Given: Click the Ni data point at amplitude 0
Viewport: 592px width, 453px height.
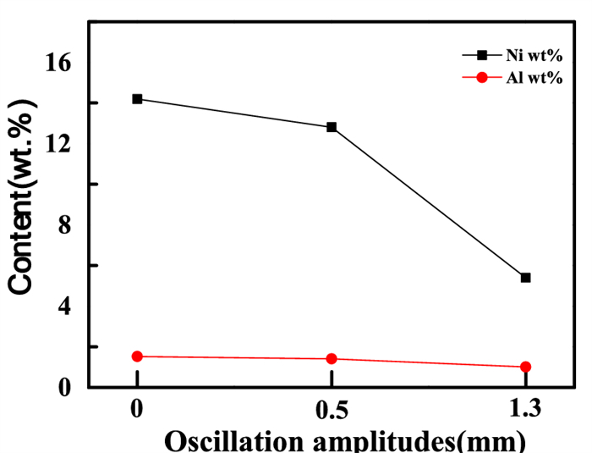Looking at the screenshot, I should point(137,99).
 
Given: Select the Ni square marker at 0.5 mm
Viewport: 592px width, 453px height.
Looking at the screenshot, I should point(332,127).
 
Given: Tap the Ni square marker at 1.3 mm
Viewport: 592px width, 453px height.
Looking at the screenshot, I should point(525,278).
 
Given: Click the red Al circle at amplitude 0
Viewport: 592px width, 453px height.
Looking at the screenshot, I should point(137,356).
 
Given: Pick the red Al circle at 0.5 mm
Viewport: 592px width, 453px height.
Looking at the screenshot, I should point(332,359).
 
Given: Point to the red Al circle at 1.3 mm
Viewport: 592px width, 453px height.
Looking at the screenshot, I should point(525,367).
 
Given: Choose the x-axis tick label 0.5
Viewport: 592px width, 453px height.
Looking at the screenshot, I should point(332,411).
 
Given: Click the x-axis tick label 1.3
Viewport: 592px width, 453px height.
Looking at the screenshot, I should point(525,411).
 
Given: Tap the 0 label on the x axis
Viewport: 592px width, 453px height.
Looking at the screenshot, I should point(137,411).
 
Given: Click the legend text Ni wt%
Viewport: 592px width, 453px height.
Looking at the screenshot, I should point(534,56).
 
